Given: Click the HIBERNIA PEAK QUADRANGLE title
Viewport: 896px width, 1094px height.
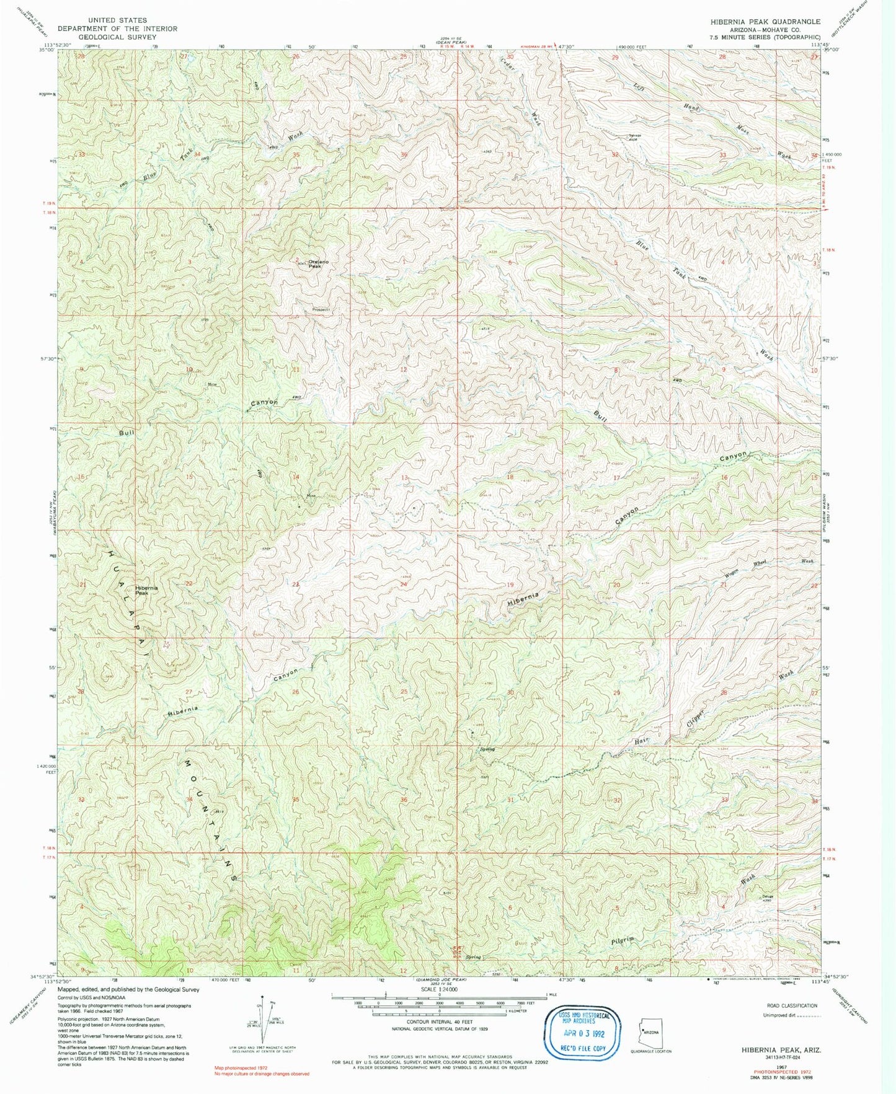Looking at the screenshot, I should tap(765, 21).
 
